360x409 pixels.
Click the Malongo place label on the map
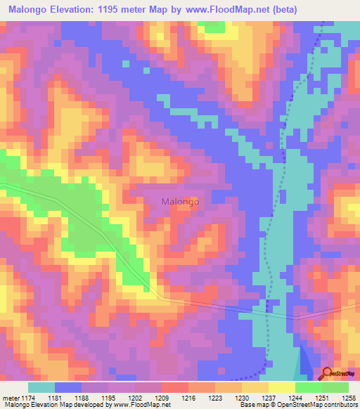[180, 202]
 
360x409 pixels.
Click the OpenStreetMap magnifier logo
[328, 374]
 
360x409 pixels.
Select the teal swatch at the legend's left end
[41, 387]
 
